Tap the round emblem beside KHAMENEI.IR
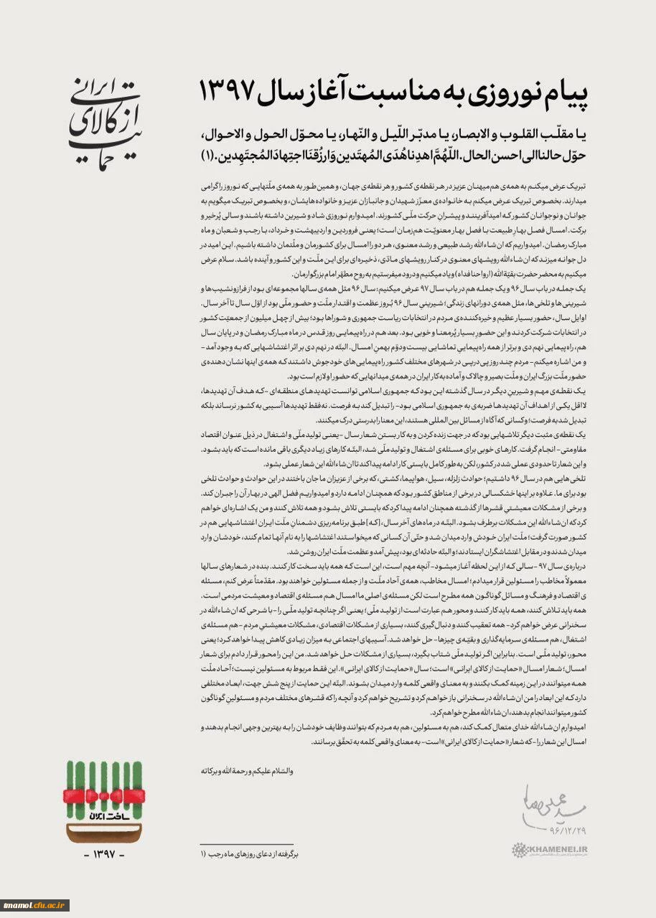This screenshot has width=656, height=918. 519,851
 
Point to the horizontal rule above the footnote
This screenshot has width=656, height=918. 247,844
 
